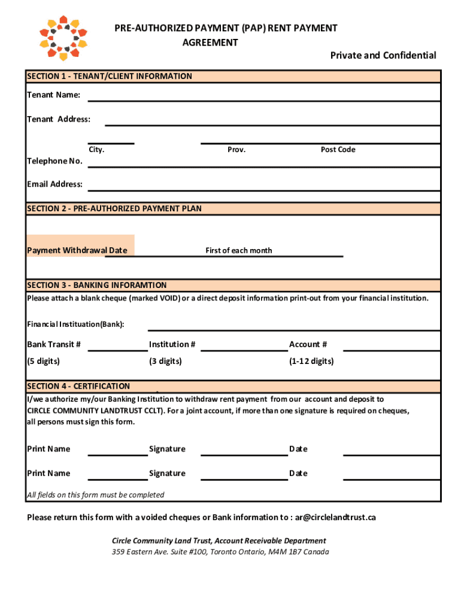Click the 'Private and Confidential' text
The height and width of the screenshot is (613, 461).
(x=383, y=56)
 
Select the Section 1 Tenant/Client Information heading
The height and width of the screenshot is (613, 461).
(x=110, y=77)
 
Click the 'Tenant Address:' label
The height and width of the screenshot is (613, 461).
(x=59, y=119)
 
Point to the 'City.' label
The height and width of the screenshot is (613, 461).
(x=96, y=150)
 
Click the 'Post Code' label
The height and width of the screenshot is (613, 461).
(x=338, y=150)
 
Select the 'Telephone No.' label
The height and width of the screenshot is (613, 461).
(x=54, y=161)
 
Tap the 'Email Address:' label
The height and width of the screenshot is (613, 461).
(x=55, y=184)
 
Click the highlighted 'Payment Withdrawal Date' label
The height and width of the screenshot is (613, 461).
(x=77, y=250)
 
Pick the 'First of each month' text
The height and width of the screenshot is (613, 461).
(x=238, y=250)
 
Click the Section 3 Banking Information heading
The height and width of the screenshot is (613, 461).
(x=97, y=286)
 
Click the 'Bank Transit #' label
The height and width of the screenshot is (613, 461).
(x=54, y=344)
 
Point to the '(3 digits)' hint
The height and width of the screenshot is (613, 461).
(x=165, y=362)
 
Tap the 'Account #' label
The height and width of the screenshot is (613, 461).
(x=308, y=344)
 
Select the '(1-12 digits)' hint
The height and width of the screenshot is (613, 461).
(x=311, y=362)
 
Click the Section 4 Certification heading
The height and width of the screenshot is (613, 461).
(x=78, y=387)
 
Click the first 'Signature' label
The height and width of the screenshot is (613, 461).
(x=167, y=449)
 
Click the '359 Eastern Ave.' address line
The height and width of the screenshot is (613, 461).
(x=220, y=552)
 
